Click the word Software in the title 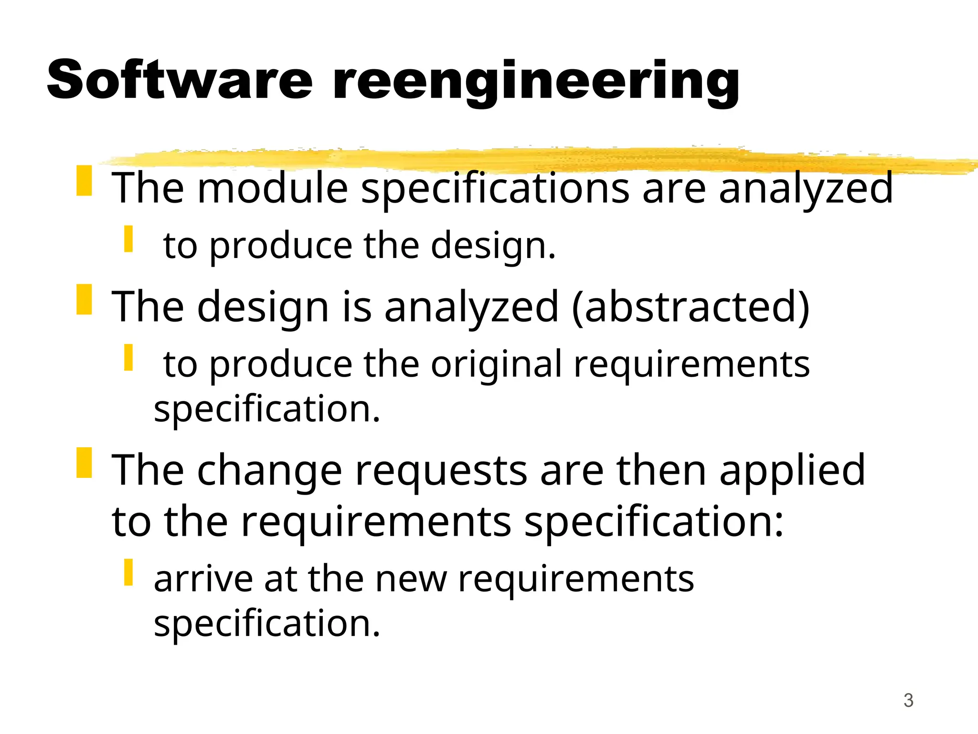tap(180, 80)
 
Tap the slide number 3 tap(908, 701)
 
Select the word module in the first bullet tap(273, 188)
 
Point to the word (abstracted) tap(691, 307)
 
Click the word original tap(497, 365)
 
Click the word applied tap(792, 471)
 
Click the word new tap(411, 579)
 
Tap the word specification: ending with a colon tap(654, 522)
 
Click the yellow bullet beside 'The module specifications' tap(84, 181)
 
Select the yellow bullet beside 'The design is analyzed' tap(84, 300)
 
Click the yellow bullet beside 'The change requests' tap(84, 463)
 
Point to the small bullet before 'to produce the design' tap(128, 239)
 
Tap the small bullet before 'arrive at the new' tap(128, 572)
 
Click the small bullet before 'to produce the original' tap(128, 357)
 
